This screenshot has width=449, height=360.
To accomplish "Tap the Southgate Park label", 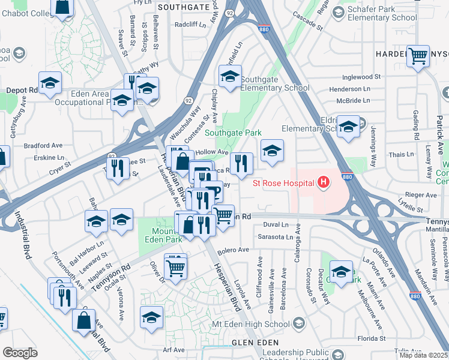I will (234, 133).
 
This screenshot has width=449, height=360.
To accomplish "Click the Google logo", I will (20, 353).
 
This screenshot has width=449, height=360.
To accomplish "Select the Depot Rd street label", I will (22, 90).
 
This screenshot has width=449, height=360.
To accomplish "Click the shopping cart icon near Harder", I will (418, 57).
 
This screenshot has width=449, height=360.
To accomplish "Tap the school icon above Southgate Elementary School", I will (230, 77).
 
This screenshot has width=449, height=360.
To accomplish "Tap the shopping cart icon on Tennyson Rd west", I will (175, 266).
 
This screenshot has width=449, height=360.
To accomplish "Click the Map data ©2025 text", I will (423, 355).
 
